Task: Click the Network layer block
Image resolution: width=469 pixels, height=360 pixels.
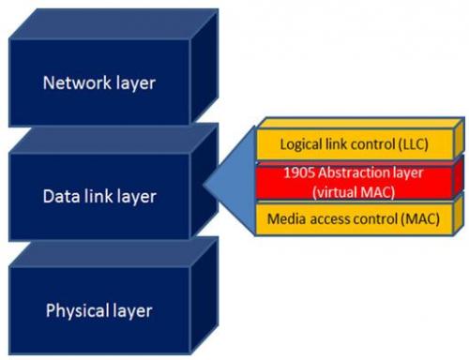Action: point(98,82)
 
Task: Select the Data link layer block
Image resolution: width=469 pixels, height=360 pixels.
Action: point(98,197)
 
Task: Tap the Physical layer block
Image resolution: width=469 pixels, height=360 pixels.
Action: point(98,309)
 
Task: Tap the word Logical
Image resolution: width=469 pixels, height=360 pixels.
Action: point(295,144)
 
